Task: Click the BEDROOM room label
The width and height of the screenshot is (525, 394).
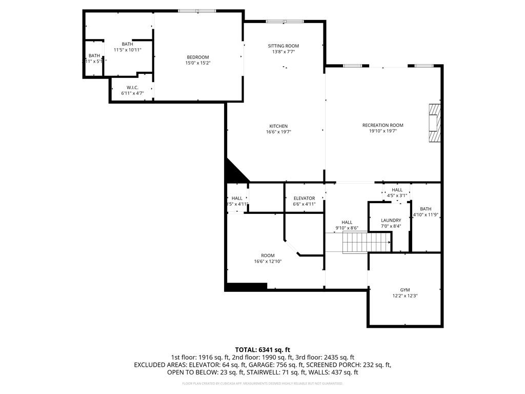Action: [x=197, y=57]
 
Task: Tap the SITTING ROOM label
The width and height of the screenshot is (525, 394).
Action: [x=283, y=46]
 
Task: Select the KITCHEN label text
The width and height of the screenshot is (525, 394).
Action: [x=278, y=126]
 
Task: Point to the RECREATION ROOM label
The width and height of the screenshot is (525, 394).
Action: [x=382, y=125]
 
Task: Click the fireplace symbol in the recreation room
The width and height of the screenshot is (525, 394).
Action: [x=435, y=123]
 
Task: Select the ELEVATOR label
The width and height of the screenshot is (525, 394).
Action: [x=304, y=198]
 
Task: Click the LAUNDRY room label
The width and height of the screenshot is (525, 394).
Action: [x=391, y=220]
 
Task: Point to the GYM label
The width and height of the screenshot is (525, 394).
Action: [x=405, y=290]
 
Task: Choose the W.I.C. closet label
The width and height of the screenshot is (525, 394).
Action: [x=132, y=88]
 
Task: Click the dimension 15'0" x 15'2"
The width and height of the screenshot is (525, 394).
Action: [x=197, y=63]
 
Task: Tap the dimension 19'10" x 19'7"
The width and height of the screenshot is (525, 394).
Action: [x=382, y=131]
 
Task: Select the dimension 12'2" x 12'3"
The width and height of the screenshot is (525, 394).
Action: [x=405, y=296]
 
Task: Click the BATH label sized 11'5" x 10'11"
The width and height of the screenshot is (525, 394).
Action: [x=127, y=44]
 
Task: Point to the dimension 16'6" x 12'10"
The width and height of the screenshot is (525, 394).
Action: [x=268, y=262]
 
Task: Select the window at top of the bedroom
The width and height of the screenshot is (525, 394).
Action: [x=197, y=11]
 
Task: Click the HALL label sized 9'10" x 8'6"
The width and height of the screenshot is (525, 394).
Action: [x=347, y=222]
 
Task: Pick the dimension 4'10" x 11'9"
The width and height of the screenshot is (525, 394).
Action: [x=426, y=215]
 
